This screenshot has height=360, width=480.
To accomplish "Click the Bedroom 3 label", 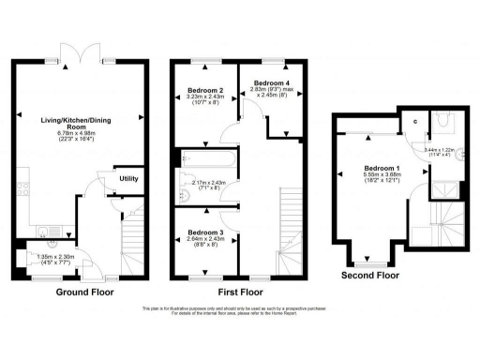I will click(x=203, y=232).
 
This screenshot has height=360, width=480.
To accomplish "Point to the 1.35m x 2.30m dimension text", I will click(x=53, y=256).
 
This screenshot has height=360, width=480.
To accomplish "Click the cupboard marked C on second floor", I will click(x=414, y=122).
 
